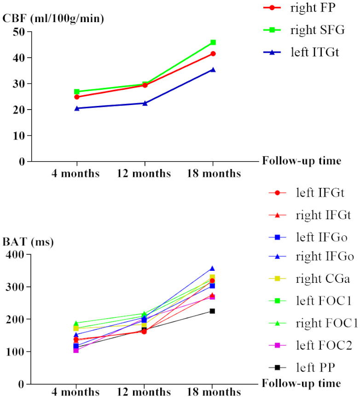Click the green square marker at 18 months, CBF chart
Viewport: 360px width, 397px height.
(213, 42)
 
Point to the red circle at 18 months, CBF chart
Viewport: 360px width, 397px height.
(213, 54)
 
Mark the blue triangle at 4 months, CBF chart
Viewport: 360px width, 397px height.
(77, 108)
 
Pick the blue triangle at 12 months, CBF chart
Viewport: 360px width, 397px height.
(145, 103)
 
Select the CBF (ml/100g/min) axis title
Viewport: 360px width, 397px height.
(53, 19)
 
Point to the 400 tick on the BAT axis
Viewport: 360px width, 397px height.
(16, 255)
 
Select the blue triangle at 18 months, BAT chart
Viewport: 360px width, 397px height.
(213, 269)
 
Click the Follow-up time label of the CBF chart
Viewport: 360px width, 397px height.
(302, 161)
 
